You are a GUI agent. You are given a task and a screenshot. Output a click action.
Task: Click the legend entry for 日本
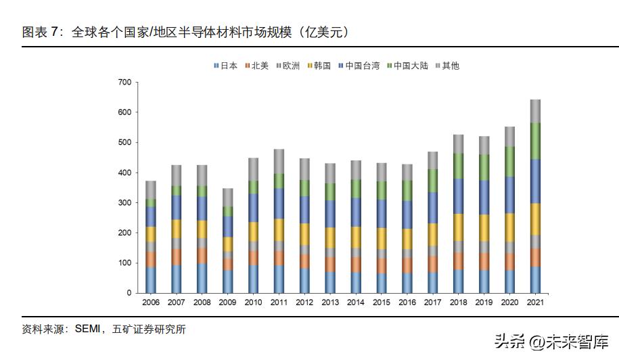point(225,66)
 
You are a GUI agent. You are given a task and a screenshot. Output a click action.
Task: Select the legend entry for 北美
point(256,66)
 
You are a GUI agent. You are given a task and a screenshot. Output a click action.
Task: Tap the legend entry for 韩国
point(318,66)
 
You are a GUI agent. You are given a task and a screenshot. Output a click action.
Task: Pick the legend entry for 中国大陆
point(407,66)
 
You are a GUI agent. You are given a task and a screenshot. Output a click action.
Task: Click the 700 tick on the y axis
point(124,82)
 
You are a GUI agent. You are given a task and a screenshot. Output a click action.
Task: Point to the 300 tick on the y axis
point(124,203)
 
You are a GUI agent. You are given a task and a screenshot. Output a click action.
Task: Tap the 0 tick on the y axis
point(128,293)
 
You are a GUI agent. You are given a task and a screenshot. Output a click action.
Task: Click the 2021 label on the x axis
point(535,302)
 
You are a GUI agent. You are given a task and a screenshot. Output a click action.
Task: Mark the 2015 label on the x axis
point(381,302)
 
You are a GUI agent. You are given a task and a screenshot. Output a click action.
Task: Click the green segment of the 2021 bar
point(535,141)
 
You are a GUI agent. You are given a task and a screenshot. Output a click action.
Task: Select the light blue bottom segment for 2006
point(150,280)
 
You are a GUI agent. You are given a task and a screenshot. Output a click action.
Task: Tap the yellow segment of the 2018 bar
point(458,227)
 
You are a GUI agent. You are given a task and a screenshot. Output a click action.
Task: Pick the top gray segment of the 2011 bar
point(278,161)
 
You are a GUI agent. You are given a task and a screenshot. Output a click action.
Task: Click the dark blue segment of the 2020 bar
point(509,195)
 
